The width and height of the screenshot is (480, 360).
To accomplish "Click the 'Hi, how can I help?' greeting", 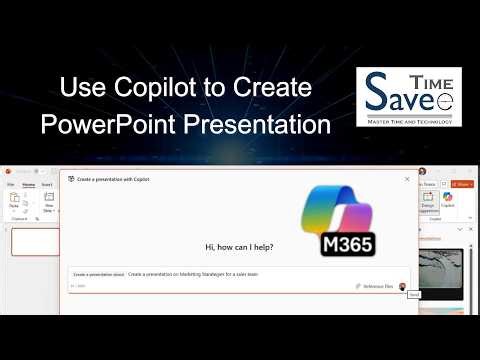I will click(239, 247).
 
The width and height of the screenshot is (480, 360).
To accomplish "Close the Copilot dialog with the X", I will click(407, 179).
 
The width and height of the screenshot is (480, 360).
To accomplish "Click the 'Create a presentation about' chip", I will click(98, 273).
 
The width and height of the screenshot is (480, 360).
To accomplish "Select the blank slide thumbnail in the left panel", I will click(33, 242).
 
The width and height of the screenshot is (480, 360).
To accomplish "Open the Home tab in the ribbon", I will click(28, 185).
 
